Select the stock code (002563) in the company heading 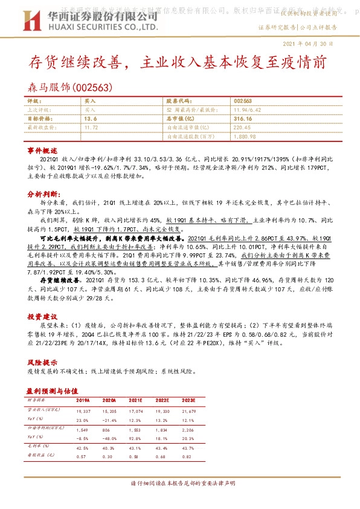click(x=92, y=87)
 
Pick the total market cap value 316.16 click(x=243, y=119)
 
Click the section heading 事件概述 click(x=42, y=149)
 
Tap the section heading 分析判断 click(x=42, y=195)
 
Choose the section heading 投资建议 click(x=42, y=316)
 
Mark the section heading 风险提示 click(x=42, y=361)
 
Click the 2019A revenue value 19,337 click(x=83, y=410)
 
